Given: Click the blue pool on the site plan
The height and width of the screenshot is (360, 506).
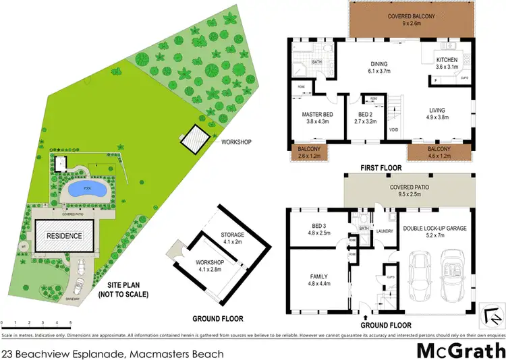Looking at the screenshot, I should tap(86, 189).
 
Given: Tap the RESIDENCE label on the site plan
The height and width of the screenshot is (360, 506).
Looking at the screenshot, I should tap(64, 236).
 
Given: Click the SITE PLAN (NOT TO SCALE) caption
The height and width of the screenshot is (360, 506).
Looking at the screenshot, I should tap(123, 290).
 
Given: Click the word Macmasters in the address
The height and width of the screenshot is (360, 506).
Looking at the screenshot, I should tap(154, 353).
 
